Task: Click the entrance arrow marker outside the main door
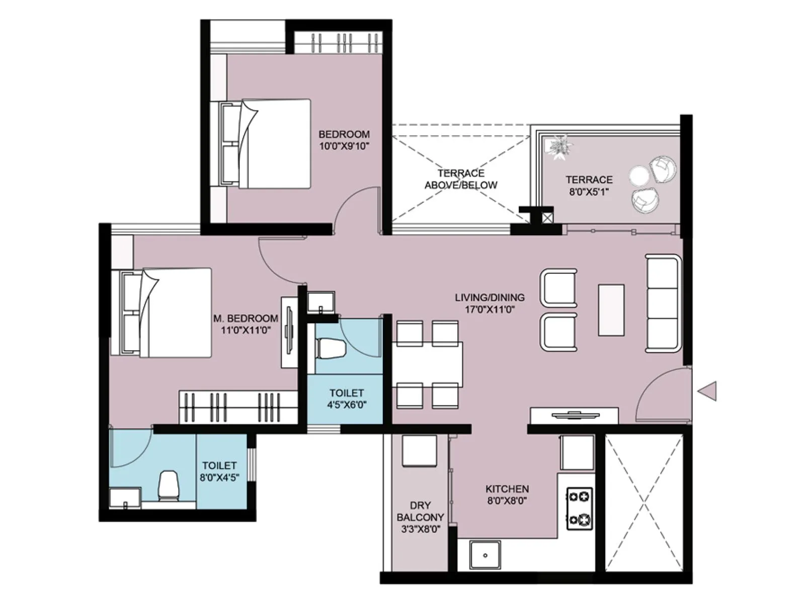coord(708,391)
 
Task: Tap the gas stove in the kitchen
coord(579,508)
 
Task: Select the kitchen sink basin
coord(485,555)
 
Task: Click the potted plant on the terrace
coord(560,147)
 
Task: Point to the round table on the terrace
coord(639,176)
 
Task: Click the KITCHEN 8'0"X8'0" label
coord(507,494)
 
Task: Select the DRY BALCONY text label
coord(420,512)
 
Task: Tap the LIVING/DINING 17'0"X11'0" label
coord(489,303)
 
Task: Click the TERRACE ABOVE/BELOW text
coord(460,179)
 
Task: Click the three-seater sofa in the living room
coord(663,303)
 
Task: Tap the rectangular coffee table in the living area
coord(611,310)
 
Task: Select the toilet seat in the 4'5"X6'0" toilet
coord(330,348)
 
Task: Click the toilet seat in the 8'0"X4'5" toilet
coord(169,486)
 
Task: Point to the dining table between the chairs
coord(428,364)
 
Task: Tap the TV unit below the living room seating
coord(574,416)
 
